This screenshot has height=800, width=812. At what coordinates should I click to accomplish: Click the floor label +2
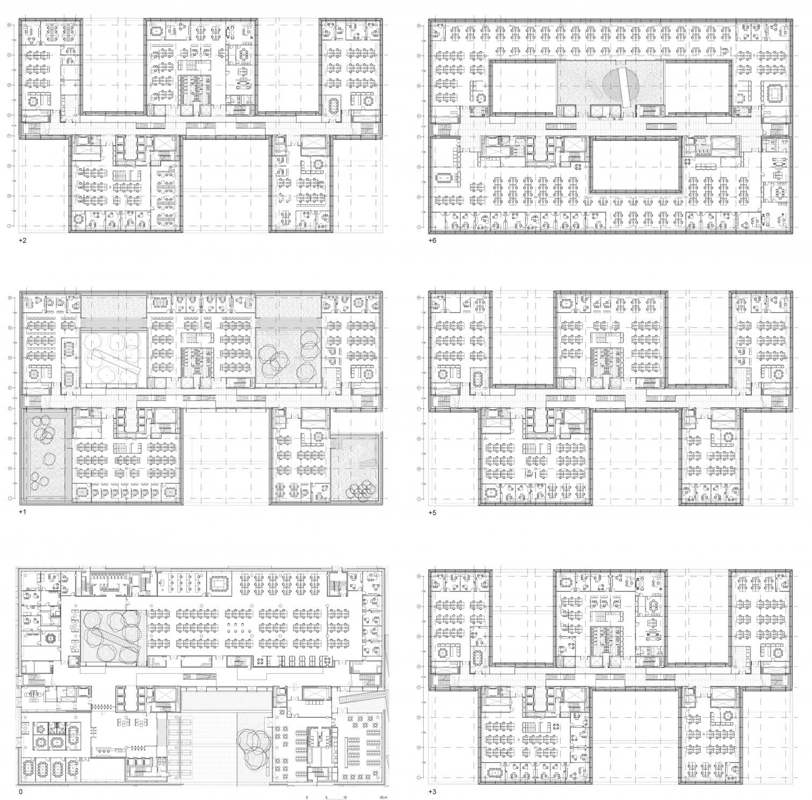point(22,240)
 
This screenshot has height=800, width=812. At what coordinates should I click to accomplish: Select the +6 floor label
point(432,240)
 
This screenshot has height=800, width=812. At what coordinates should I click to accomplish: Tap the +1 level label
point(22,512)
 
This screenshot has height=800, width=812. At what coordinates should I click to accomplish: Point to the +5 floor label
point(432,512)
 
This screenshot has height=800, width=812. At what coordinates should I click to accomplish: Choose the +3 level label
point(432,792)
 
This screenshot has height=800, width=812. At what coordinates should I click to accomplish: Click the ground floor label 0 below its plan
point(20,792)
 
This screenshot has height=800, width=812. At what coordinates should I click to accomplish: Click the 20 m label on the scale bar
point(382,797)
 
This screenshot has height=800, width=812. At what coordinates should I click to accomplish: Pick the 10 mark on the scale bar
point(345,797)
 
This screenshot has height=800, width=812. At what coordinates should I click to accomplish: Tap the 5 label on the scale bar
point(326,797)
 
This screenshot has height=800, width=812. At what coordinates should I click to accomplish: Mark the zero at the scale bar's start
point(307,797)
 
